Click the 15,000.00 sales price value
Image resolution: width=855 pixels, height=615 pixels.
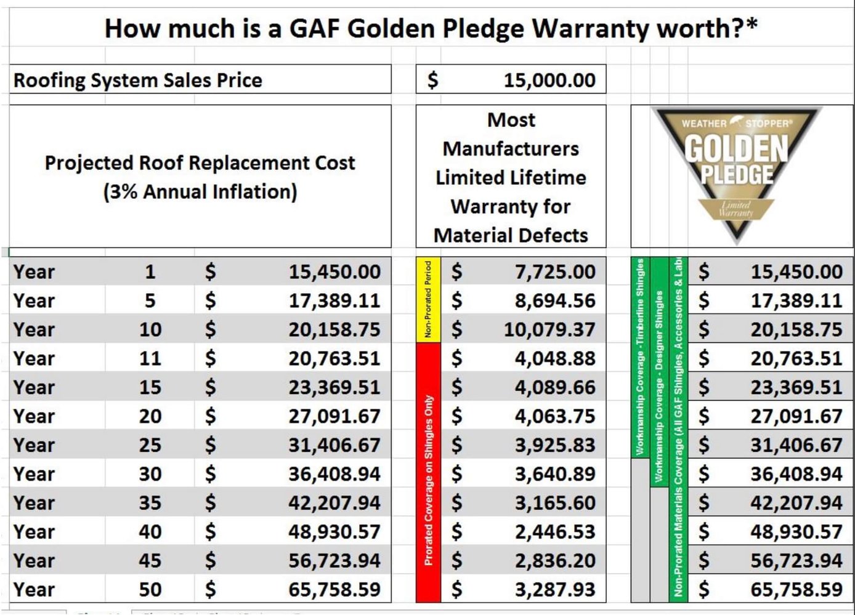[x=549, y=80]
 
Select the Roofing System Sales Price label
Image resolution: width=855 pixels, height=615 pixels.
[x=138, y=80]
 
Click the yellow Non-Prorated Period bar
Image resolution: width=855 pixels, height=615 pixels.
[x=428, y=300]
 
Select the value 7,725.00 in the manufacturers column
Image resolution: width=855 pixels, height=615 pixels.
[x=555, y=271]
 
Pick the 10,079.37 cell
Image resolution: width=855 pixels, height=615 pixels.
[x=549, y=329]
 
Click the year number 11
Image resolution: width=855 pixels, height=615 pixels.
[x=150, y=358]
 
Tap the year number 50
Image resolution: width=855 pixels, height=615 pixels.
[x=150, y=589]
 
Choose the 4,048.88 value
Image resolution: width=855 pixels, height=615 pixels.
[x=555, y=358]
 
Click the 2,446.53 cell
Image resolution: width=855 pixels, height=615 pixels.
[x=555, y=531]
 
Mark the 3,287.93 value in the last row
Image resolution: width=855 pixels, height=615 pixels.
[x=555, y=589]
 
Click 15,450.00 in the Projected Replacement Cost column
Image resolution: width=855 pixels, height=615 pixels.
[x=334, y=271]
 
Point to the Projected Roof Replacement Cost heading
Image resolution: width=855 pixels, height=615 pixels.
[x=200, y=177]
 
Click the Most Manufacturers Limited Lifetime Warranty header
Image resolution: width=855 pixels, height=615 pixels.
[x=511, y=177]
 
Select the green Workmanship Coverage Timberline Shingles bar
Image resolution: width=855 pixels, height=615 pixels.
[x=640, y=357]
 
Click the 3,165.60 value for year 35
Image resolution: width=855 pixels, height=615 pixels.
[x=555, y=502]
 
